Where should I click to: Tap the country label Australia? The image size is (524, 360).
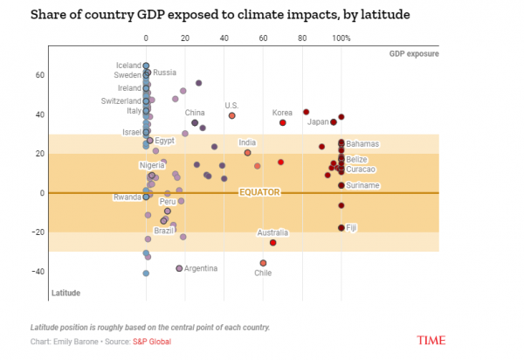(272, 232)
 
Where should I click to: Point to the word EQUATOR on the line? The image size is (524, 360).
(260, 191)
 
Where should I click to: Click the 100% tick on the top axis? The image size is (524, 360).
(341, 38)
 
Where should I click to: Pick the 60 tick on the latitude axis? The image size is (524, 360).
(40, 75)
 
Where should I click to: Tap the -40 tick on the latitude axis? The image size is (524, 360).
(38, 272)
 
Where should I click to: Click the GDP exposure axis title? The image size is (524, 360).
(414, 54)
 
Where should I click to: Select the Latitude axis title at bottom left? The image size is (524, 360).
(66, 292)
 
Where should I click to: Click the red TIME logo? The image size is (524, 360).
(432, 339)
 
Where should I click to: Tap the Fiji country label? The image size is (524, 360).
(352, 228)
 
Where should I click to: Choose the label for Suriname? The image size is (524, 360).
(363, 185)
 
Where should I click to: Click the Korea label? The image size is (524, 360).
(282, 113)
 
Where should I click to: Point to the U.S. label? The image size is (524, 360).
(231, 106)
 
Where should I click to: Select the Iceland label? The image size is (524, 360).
(128, 66)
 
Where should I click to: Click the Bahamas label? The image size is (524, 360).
(362, 143)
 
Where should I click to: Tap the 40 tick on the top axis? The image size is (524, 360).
(224, 38)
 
